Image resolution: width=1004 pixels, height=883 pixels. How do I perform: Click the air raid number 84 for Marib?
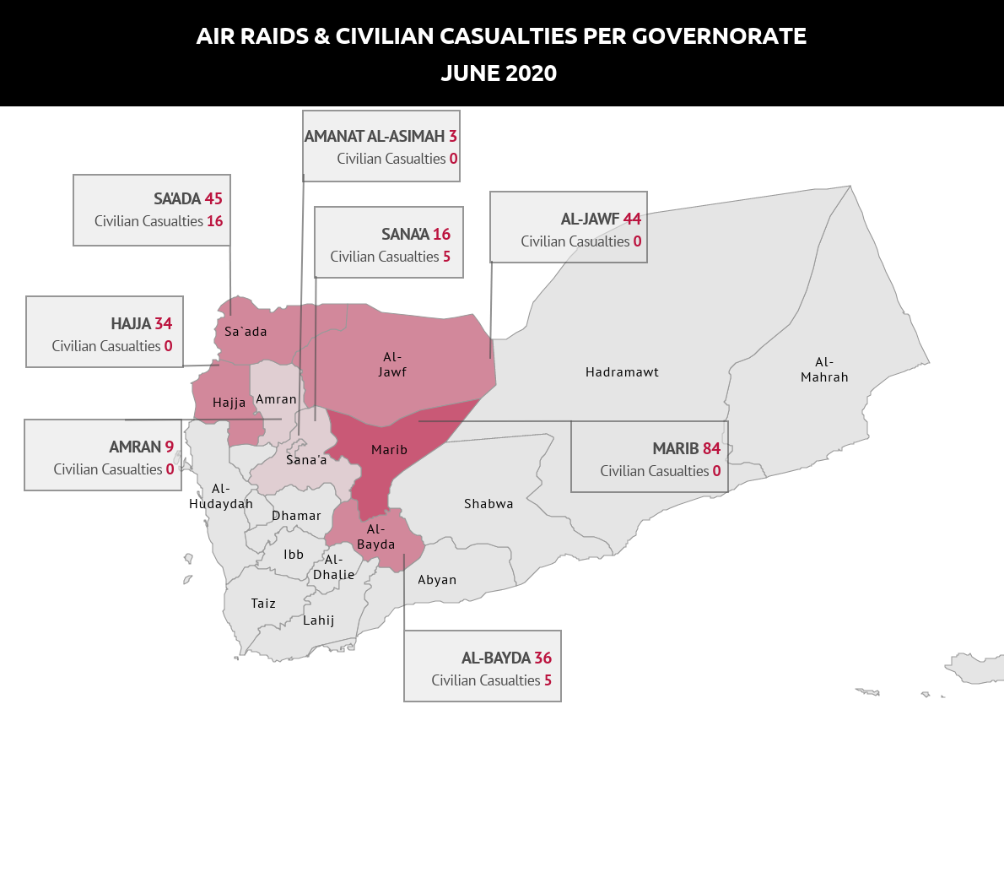coord(711,448)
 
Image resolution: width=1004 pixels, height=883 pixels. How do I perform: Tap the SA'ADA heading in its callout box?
coord(177,199)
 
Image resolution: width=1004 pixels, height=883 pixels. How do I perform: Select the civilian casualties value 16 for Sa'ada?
coord(215,221)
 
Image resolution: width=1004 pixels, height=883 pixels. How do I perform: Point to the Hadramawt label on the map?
coord(622,372)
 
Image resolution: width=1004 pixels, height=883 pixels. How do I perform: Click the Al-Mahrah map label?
coord(824,370)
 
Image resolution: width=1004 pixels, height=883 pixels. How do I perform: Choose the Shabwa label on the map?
coord(489,504)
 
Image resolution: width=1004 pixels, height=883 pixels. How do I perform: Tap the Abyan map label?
coord(437,580)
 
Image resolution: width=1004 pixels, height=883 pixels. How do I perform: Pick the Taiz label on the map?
coord(263,604)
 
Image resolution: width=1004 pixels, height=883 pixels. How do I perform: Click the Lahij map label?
coord(319,620)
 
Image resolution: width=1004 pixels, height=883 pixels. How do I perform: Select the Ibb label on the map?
coord(294,555)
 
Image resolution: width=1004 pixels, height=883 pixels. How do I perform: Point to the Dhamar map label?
coord(296,516)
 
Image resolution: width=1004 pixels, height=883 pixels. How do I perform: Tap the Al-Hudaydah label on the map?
coord(221,496)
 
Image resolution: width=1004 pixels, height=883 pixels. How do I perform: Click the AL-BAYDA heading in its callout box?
coord(496,658)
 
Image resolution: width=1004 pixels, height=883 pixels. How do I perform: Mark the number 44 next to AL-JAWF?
coord(632,219)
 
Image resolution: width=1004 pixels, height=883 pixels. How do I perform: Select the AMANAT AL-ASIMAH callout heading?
coord(375,137)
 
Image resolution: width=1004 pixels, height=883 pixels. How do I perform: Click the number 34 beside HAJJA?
coord(164,324)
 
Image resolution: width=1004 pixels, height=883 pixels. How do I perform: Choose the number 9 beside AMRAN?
coord(170,447)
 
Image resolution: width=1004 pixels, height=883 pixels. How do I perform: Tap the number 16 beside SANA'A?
coord(441,235)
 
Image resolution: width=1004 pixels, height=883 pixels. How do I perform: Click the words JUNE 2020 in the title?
coord(499,73)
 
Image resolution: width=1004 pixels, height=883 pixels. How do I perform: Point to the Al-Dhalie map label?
coord(334,567)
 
